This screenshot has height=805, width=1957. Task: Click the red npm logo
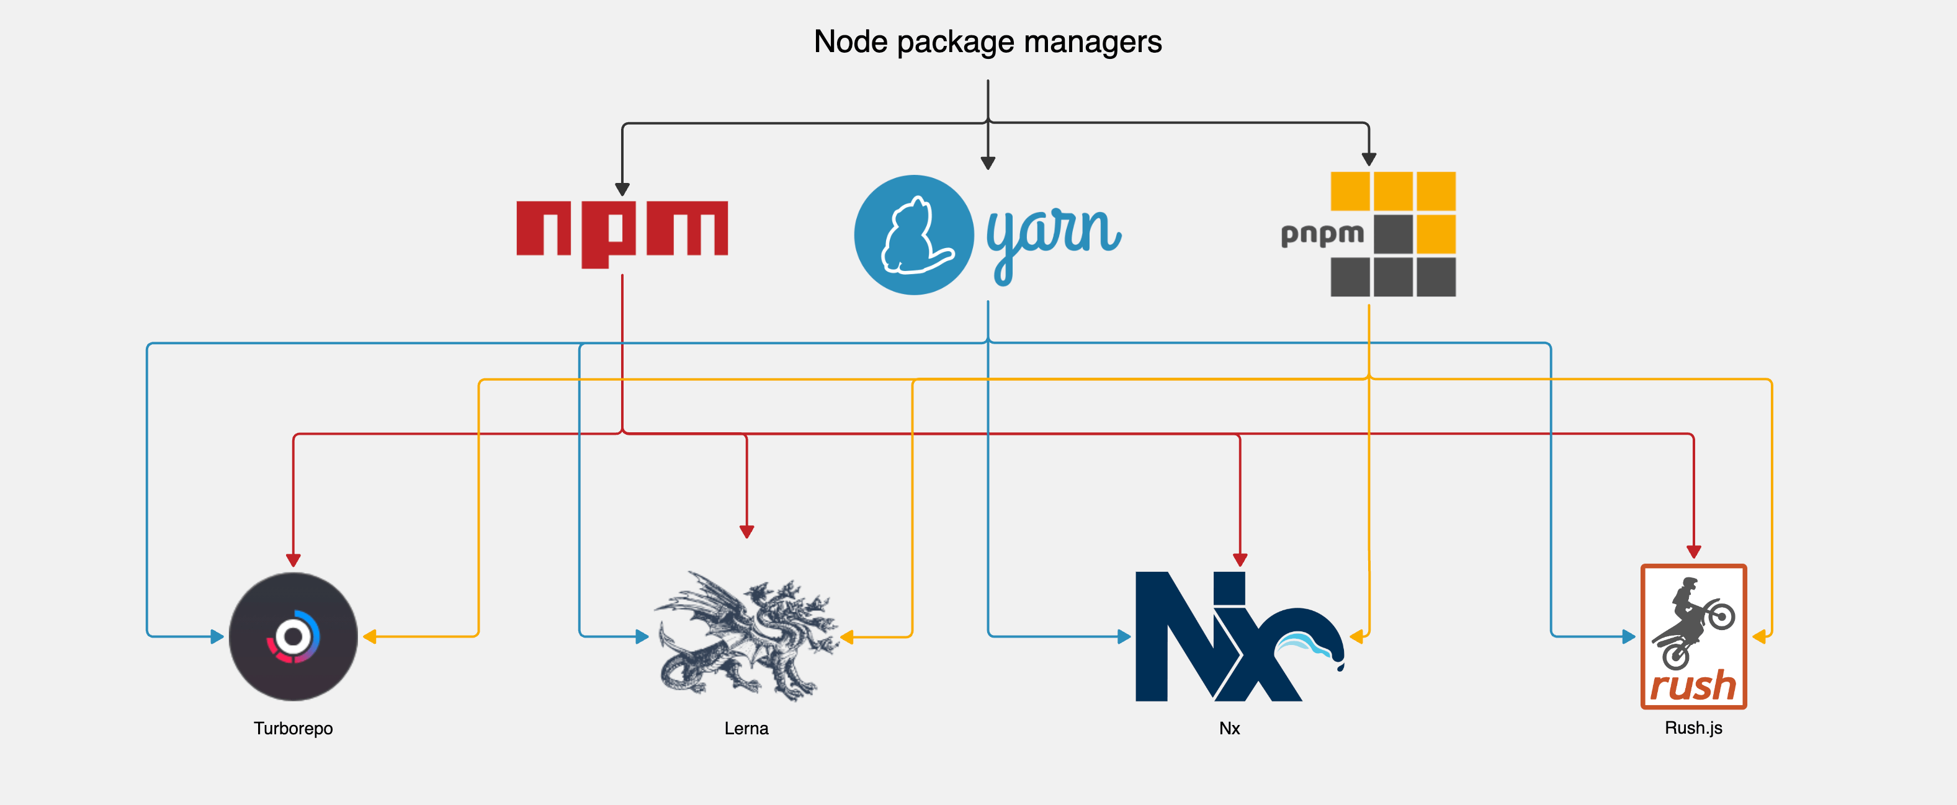(622, 230)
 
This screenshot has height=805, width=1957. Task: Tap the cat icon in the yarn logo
(913, 236)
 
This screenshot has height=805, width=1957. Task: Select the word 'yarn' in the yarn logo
(1053, 236)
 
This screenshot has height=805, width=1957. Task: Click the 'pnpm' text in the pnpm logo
(1322, 234)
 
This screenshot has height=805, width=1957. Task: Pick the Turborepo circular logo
(293, 636)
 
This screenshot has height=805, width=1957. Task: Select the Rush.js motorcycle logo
(1693, 636)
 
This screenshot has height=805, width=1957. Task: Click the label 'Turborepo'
(293, 728)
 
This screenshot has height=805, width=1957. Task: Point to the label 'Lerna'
(746, 728)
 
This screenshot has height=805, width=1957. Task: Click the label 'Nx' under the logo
(1229, 728)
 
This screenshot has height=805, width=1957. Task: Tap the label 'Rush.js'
(1693, 727)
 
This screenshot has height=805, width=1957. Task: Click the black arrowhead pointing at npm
(622, 189)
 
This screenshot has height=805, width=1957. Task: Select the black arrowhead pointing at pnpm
(1368, 159)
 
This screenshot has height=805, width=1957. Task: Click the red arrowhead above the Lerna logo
(747, 531)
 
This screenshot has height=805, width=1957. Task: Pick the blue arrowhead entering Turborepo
(217, 636)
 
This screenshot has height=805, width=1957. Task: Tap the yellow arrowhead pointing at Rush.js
(1758, 636)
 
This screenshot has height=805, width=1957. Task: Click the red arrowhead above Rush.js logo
(1693, 551)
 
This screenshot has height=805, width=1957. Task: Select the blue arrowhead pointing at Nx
(1124, 636)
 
